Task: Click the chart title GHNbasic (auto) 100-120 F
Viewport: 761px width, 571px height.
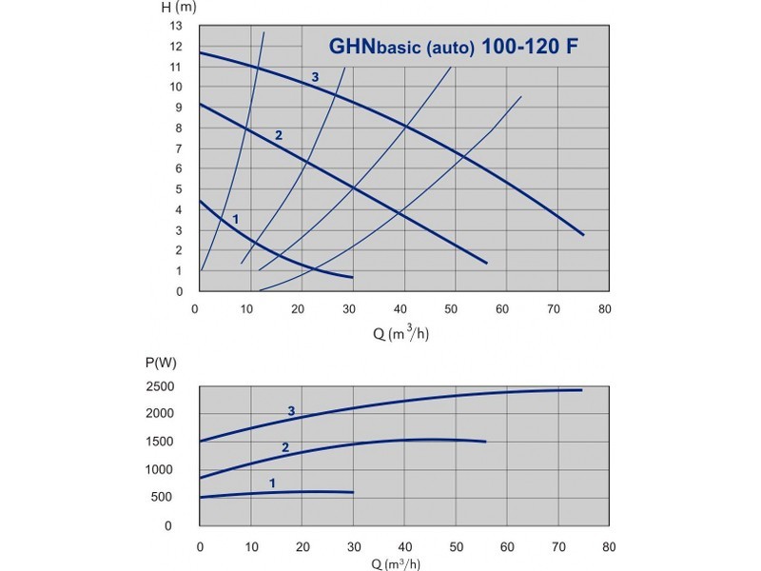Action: [454, 47]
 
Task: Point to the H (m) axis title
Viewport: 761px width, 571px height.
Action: [179, 8]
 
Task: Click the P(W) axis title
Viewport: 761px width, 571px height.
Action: [161, 363]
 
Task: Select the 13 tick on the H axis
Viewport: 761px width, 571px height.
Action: [176, 26]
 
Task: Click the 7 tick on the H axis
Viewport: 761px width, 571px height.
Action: [179, 148]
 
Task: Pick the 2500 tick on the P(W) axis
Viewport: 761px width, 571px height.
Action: [160, 387]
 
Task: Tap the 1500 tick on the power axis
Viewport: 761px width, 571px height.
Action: [160, 442]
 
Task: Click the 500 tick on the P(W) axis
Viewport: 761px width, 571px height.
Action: [161, 497]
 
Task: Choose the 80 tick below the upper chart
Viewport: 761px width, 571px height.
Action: [605, 309]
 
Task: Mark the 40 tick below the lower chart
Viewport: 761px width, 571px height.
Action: [405, 547]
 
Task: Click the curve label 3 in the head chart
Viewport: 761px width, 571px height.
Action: [315, 77]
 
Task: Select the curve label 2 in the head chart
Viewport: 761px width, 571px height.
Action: [279, 135]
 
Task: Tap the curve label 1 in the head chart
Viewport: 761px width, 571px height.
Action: [236, 220]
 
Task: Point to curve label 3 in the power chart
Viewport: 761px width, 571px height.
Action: [291, 411]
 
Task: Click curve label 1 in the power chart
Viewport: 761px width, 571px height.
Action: [272, 483]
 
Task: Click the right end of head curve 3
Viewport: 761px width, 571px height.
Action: [583, 235]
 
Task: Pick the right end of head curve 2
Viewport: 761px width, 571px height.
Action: [486, 264]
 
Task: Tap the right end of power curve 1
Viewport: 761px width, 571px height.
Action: [353, 492]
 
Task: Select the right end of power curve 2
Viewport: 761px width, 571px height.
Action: [485, 442]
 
